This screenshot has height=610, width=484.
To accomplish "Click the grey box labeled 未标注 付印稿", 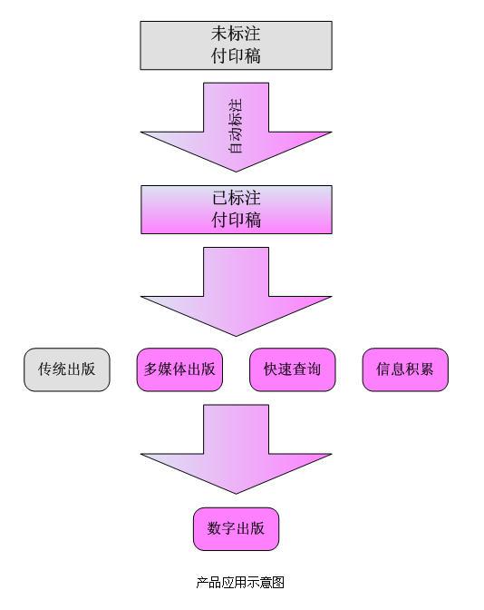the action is (237, 45).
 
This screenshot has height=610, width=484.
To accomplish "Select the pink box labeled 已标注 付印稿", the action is (237, 210).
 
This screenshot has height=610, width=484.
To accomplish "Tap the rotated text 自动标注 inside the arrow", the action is (236, 125).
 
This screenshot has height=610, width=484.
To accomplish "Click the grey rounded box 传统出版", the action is (67, 369).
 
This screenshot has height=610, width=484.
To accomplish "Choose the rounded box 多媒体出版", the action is (179, 369).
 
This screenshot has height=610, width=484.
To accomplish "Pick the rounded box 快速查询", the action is (292, 369).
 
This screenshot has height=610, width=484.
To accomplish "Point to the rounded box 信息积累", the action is (405, 369).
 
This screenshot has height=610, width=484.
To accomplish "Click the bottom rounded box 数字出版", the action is (237, 529).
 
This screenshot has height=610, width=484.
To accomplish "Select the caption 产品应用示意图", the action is (240, 583).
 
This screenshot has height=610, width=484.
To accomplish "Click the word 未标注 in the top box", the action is (236, 34).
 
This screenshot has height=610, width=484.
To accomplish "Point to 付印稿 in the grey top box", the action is (236, 56).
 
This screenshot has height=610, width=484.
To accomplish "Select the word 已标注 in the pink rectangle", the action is (237, 199).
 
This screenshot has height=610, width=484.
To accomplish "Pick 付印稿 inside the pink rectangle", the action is (237, 221).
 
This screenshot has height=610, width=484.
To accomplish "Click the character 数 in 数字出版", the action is (214, 528).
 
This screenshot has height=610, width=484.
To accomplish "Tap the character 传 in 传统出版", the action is (45, 369).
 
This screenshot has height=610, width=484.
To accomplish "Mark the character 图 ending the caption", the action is (278, 583).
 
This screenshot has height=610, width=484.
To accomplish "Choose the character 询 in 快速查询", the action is (314, 369).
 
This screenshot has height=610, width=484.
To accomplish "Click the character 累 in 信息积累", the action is (427, 369).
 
